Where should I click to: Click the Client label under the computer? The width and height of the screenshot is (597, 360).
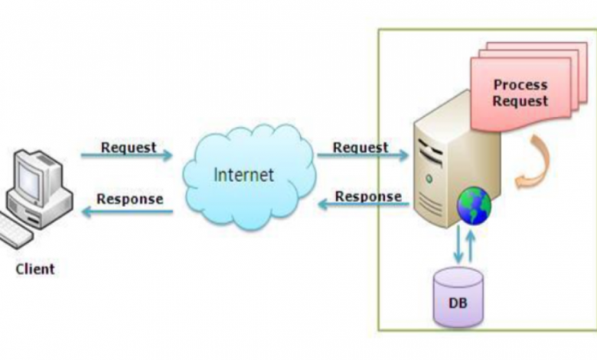pos(34,269)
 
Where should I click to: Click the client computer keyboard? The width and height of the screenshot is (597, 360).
pos(17,233)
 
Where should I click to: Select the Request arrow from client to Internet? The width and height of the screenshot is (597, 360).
pos(127,155)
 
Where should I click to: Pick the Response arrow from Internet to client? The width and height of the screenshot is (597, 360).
pos(127,211)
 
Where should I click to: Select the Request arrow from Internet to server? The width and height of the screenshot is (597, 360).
pos(362,155)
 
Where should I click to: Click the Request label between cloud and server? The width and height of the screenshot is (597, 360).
pos(360,146)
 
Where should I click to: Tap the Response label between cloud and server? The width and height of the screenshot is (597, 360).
pos(368,196)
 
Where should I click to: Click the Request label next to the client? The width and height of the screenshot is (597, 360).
pos(128,146)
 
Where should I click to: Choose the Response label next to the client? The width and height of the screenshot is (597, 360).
pos(129,198)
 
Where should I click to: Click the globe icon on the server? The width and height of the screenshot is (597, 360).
pos(474,205)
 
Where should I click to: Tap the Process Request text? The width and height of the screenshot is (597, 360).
pos(520,93)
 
